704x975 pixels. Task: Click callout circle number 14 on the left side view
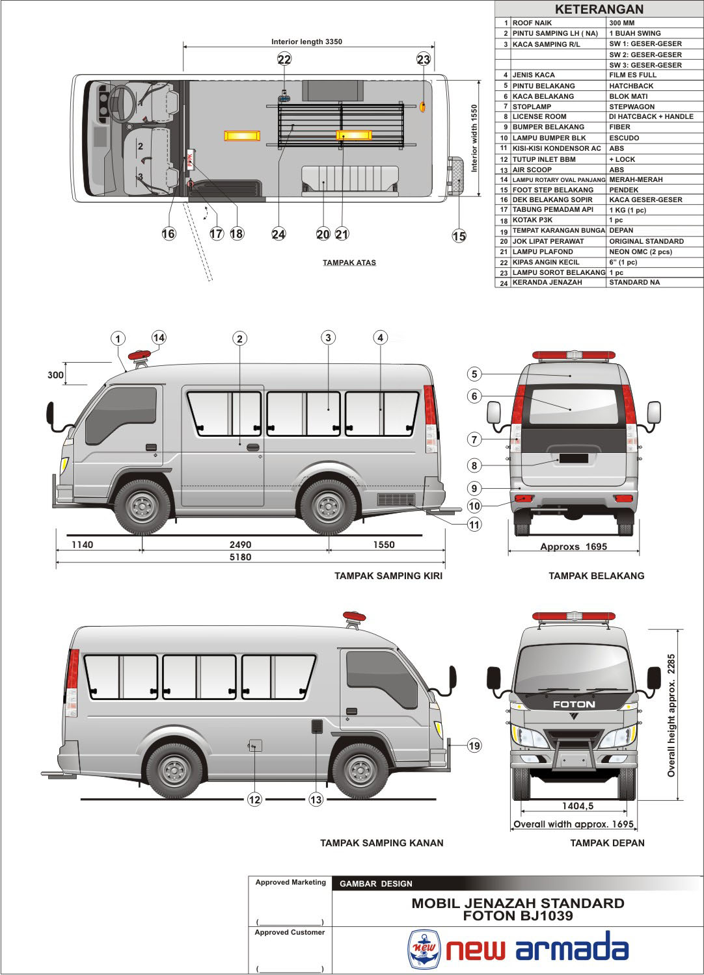pos(159,337)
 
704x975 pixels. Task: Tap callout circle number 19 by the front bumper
pos(474,746)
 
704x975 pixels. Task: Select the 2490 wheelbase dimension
pos(240,545)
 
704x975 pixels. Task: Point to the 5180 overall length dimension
pos(240,557)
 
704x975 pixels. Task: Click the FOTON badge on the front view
pos(573,704)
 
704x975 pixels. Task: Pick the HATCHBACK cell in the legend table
pos(630,86)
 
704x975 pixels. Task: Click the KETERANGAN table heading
pos(599,9)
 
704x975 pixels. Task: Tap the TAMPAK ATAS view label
pos(349,263)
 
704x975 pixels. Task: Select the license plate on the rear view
pos(573,458)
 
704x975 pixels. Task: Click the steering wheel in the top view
pos(122,103)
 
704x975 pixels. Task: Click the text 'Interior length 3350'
pos(306,42)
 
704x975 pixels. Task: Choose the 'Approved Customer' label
pos(290,932)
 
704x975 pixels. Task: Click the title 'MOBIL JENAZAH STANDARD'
pos(518,903)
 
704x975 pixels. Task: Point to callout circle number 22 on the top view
pos(284,59)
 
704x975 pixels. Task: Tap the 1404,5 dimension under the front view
pos(578,806)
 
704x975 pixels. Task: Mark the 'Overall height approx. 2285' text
pos(671,715)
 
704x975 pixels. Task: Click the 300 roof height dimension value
pos(56,375)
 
